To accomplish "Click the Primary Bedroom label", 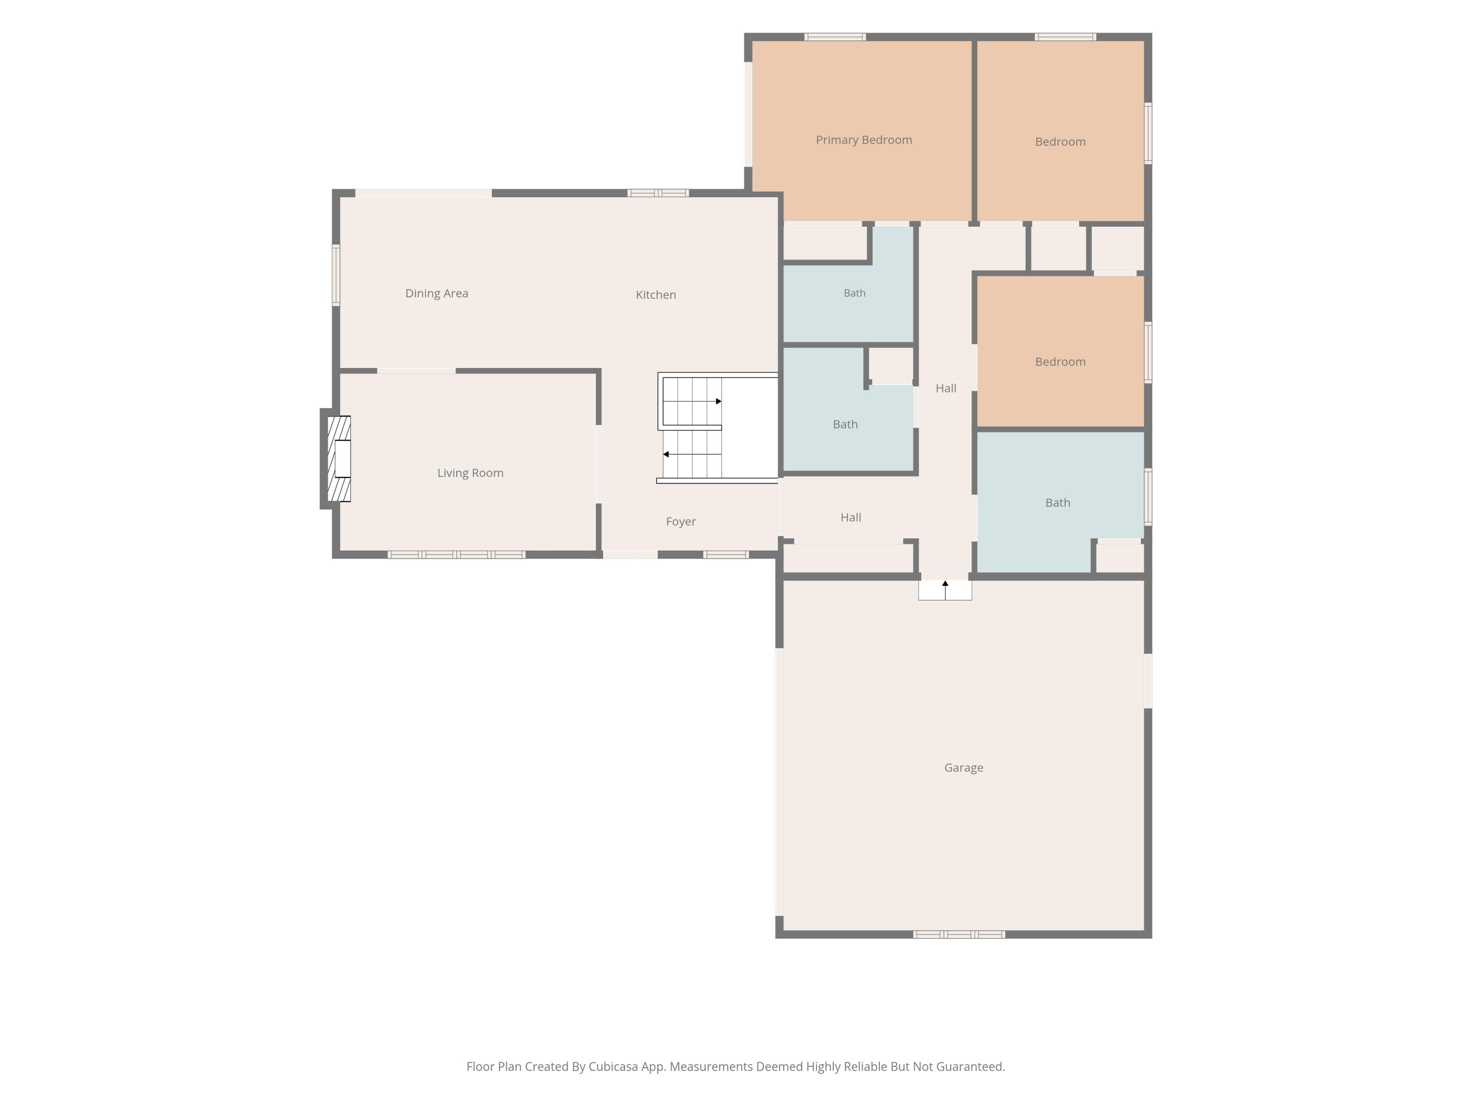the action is pos(864,140).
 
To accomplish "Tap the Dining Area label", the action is pos(437,293).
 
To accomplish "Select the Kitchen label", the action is pos(656,295).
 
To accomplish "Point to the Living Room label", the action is pos(470,473).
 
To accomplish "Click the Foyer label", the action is pos(681,522).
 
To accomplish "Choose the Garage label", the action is pos(964,768).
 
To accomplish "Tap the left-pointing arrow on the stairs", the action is pos(692,454).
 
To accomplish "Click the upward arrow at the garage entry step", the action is pos(945,590).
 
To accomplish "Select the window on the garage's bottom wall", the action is pos(959,934).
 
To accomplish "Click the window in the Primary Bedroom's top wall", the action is pos(835,37).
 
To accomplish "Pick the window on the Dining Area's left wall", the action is pos(336,275).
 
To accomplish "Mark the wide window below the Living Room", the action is pos(456,554).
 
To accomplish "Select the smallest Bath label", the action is pos(854,293).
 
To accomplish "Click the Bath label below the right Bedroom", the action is pos(1057,503).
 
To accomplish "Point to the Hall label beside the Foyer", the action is pos(850,518).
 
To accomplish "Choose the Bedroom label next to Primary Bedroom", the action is pos(1060,142).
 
